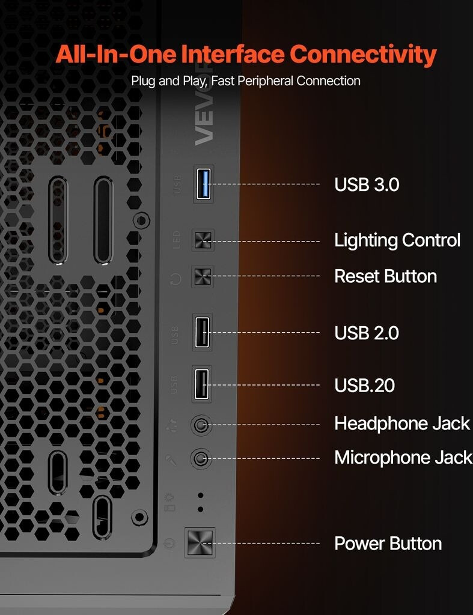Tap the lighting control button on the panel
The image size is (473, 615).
[x=203, y=241]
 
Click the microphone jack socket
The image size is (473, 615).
[x=200, y=459]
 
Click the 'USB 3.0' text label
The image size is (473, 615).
[x=367, y=184]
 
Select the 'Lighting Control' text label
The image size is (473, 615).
[x=397, y=240]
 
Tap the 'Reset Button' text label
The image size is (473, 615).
[x=385, y=276]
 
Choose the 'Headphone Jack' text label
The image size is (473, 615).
[x=401, y=423]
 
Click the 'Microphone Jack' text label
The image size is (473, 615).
[x=403, y=458]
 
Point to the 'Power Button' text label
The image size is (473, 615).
[x=388, y=544]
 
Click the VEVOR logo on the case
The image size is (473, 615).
[x=204, y=126]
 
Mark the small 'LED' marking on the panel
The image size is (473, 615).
[x=177, y=240]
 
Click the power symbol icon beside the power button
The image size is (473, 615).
[x=169, y=544]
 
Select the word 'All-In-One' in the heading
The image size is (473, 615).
[x=116, y=55]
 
